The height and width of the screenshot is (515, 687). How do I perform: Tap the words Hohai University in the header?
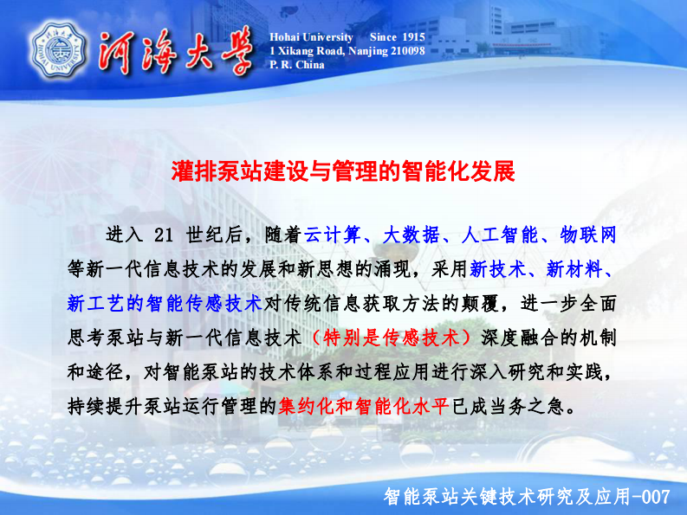tap(311, 37)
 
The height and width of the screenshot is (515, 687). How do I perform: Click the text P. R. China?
tap(297, 64)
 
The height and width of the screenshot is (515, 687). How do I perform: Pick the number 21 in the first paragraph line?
tap(164, 235)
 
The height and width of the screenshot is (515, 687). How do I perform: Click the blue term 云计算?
tap(334, 235)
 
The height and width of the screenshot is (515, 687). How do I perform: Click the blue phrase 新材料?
tap(572, 268)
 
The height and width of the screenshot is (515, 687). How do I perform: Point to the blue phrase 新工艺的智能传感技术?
tap(164, 303)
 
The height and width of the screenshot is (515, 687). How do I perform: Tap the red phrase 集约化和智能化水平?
tap(364, 405)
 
